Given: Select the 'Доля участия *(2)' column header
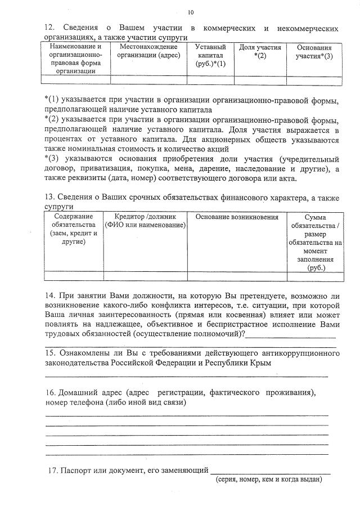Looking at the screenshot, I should pyautogui.click(x=259, y=52).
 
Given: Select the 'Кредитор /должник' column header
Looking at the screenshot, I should pyautogui.click(x=145, y=221).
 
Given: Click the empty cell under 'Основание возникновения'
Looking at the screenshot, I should pyautogui.click(x=237, y=276).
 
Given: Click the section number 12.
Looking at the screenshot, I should pyautogui.click(x=49, y=28).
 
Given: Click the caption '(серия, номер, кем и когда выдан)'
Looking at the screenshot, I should pyautogui.click(x=269, y=480).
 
